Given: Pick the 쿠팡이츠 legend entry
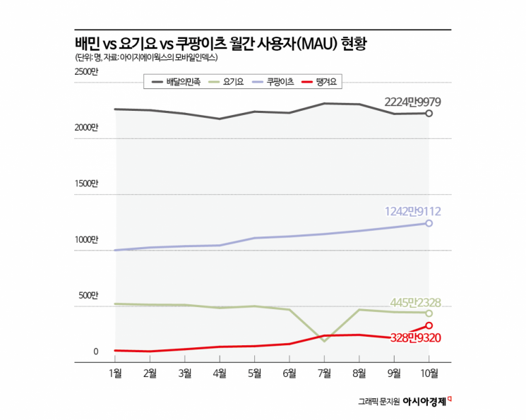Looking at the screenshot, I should click(x=280, y=82).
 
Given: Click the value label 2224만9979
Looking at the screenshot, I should click(x=412, y=102).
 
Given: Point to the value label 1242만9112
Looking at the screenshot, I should click(x=412, y=210).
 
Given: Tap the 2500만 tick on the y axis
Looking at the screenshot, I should click(x=86, y=71).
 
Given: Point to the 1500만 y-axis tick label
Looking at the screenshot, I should click(x=86, y=183).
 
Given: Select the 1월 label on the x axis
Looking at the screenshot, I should click(x=115, y=373).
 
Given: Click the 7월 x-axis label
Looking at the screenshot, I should click(x=324, y=373).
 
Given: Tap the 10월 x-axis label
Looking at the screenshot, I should click(x=429, y=373).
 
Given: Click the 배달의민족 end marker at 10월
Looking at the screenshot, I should click(x=429, y=113).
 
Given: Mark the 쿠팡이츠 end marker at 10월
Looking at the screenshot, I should click(x=429, y=223).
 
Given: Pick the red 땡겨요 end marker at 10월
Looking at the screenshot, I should click(x=429, y=325).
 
